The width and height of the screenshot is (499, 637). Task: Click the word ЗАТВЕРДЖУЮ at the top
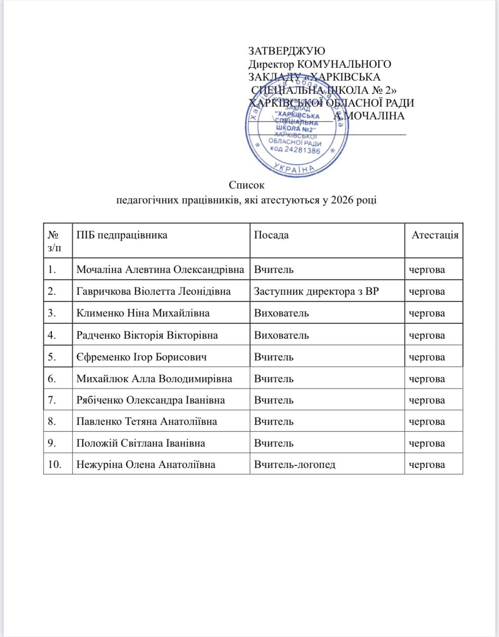pos(287,51)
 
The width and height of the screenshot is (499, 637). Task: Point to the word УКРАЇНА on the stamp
pos(295,168)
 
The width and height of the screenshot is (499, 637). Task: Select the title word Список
pos(247,185)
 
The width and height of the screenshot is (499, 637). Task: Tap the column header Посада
pos(271,235)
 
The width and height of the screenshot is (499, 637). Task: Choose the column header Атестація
pos(435,235)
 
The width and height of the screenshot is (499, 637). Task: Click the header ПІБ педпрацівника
pos(122,235)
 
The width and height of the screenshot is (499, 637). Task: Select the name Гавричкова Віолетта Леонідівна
pos(154,291)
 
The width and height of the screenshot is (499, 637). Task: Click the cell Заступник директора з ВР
pos(316,291)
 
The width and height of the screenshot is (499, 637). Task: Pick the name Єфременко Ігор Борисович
pos(142,357)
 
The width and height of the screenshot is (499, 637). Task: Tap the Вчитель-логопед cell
pos(295,464)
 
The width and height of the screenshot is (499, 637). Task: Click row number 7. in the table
pos(52,400)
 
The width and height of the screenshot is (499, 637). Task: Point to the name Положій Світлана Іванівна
pos(141,443)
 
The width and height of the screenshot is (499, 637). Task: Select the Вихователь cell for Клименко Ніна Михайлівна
pos(281,313)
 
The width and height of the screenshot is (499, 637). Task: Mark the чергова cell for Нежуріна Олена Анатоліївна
pos(427,465)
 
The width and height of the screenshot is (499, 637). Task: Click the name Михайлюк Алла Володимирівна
pos(154,378)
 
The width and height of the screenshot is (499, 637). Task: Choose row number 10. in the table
pos(54,464)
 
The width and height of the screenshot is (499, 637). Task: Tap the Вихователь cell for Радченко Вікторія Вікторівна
pos(281,335)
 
